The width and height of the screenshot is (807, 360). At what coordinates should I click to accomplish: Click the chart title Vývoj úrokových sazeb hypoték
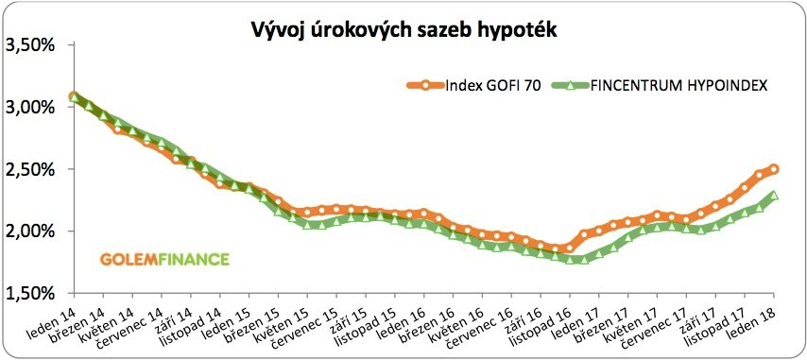click(x=403, y=30)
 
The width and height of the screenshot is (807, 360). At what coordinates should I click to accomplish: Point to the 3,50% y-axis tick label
click(x=31, y=45)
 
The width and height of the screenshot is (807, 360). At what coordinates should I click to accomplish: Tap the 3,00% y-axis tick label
click(x=31, y=107)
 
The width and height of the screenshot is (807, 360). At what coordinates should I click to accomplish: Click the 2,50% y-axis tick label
click(x=31, y=169)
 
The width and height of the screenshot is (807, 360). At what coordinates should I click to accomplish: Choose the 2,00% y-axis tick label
click(x=31, y=231)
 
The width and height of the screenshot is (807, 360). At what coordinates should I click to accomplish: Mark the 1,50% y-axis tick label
click(x=31, y=293)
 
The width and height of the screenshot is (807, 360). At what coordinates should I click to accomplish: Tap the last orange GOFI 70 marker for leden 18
click(x=774, y=169)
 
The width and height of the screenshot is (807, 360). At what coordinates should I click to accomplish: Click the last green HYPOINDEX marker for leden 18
click(x=774, y=197)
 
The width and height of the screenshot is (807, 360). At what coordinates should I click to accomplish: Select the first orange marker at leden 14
click(x=74, y=96)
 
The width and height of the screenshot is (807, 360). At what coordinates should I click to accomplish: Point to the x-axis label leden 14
click(x=53, y=317)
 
